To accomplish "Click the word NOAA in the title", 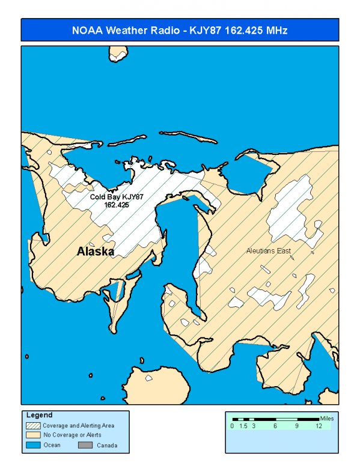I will coord(87,30).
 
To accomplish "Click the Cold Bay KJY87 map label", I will coord(117,196).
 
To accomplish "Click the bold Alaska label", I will coord(96,252).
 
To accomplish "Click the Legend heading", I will coord(40,415).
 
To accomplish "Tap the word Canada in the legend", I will coord(108,446).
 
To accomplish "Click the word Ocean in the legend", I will coord(52,446).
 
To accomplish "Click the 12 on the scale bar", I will coord(319,426).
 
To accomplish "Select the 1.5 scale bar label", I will coord(243,426).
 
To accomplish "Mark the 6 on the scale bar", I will coord(275,426).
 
